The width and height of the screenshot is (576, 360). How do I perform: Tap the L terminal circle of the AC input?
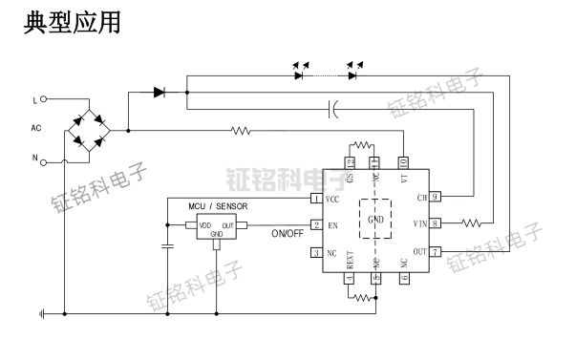tap(44, 98)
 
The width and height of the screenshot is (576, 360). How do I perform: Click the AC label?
tap(36, 127)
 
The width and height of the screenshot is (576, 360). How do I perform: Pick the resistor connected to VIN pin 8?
tap(470, 223)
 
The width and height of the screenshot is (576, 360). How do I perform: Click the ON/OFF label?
tap(289, 233)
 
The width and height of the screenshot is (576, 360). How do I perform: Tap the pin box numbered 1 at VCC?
tap(315, 199)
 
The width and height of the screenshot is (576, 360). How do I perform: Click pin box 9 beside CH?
tap(435, 198)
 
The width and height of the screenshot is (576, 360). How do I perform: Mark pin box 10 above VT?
tap(403, 162)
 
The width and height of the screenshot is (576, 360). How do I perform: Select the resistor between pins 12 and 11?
tap(362, 145)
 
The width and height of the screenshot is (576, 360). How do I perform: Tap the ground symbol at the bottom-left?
tap(42, 312)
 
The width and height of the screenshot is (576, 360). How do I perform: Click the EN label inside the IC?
tap(332, 225)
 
